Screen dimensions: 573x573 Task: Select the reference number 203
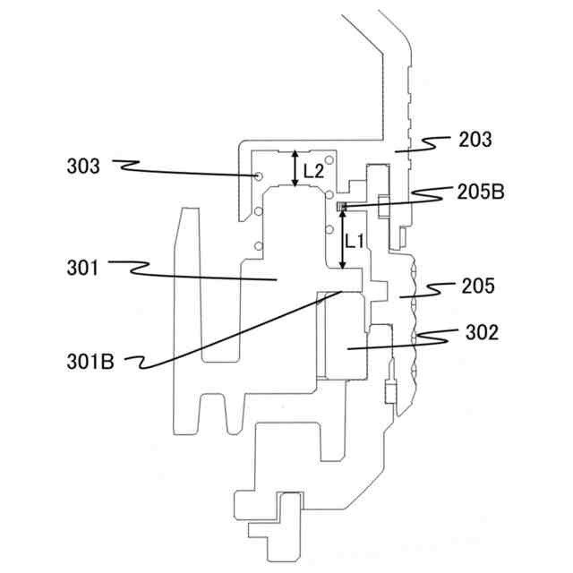click(475, 140)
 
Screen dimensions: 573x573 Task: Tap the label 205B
click(480, 192)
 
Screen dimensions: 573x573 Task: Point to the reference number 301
click(82, 266)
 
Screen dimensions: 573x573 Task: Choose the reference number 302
click(482, 333)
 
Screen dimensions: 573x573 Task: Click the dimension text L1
click(355, 240)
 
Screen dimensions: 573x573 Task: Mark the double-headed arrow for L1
click(342, 237)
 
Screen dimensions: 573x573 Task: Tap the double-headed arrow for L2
click(296, 169)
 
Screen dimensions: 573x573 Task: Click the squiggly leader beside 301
click(130, 266)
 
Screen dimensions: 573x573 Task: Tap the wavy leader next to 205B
click(425, 193)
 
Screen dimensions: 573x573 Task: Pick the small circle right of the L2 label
click(329, 161)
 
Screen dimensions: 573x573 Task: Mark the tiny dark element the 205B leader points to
click(340, 208)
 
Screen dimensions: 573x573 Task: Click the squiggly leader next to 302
click(439, 335)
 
